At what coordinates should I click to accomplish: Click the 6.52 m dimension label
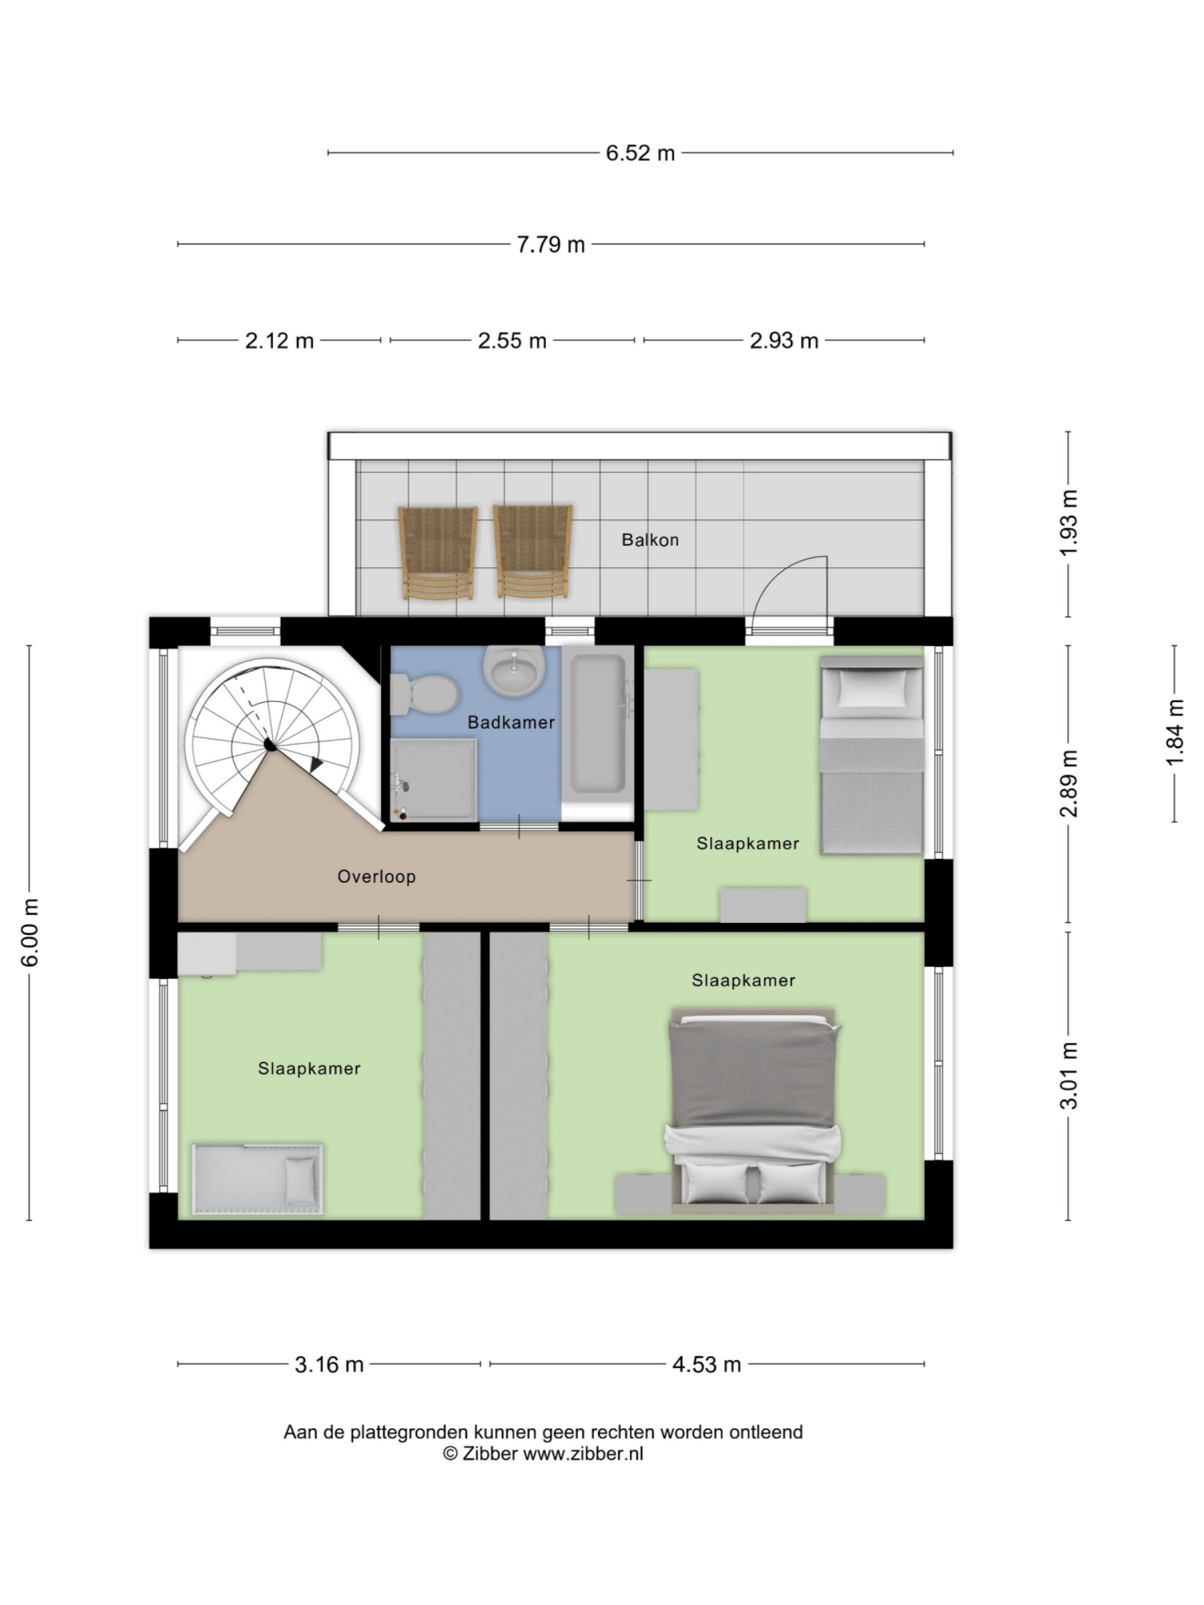click(x=640, y=153)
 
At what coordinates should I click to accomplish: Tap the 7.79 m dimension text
click(x=550, y=245)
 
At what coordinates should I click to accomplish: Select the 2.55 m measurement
click(x=512, y=340)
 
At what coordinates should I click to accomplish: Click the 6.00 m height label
click(x=30, y=932)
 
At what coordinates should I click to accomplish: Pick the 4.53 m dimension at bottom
click(x=706, y=1365)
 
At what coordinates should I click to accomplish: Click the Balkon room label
click(x=650, y=540)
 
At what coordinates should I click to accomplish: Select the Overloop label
click(x=376, y=877)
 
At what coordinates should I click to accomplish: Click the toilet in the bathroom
click(x=424, y=694)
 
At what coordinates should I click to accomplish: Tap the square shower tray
click(x=434, y=780)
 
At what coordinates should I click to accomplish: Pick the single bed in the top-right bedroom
click(x=871, y=755)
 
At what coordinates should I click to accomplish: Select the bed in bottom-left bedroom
click(x=258, y=1179)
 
